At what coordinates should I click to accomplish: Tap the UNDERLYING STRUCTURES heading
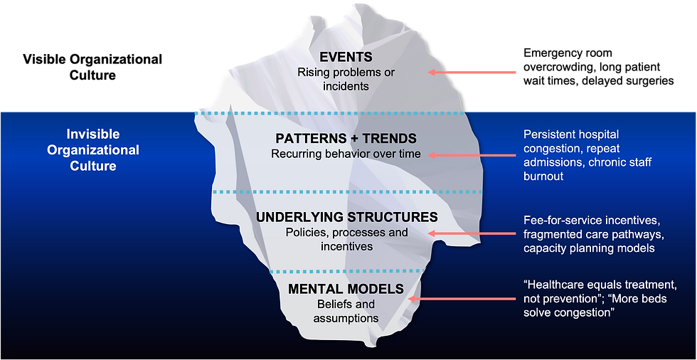point(346,217)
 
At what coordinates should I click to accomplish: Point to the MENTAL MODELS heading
point(346,289)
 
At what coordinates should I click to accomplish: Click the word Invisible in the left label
point(92,134)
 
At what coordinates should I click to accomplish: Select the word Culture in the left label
point(92,166)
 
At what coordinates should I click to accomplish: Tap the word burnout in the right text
point(543,176)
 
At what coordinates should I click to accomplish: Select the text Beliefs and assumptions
point(346,311)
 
